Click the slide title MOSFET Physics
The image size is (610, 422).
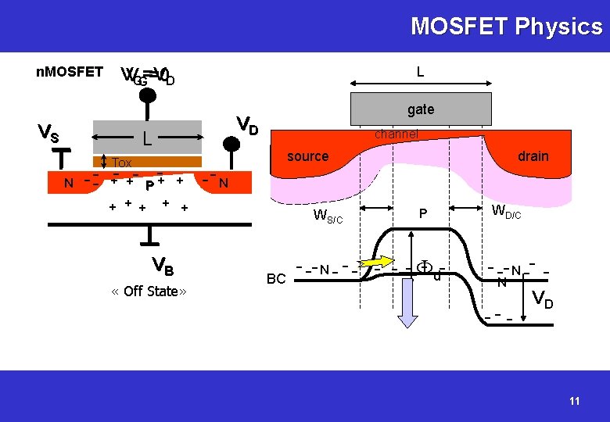pyautogui.click(x=507, y=27)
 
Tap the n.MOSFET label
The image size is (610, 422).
pyautogui.click(x=70, y=72)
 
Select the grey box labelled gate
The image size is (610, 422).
pyautogui.click(x=421, y=109)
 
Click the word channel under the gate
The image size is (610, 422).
pyautogui.click(x=396, y=134)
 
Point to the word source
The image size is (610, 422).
pyautogui.click(x=307, y=156)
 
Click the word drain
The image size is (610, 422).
pyautogui.click(x=533, y=156)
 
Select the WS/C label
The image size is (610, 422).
pyautogui.click(x=327, y=216)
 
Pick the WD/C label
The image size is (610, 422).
pyautogui.click(x=506, y=211)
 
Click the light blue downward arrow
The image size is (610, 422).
pyautogui.click(x=408, y=300)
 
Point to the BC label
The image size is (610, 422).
pyautogui.click(x=276, y=279)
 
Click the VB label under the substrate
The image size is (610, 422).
pyautogui.click(x=163, y=266)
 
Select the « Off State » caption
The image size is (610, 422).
pyautogui.click(x=149, y=291)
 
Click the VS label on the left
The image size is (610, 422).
pyautogui.click(x=48, y=134)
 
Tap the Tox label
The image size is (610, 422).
pyautogui.click(x=122, y=163)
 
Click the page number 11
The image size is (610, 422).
pyautogui.click(x=575, y=401)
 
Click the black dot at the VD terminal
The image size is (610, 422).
pyautogui.click(x=232, y=144)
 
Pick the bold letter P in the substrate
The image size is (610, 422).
pyautogui.click(x=149, y=186)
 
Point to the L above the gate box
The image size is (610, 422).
pyautogui.click(x=421, y=73)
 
